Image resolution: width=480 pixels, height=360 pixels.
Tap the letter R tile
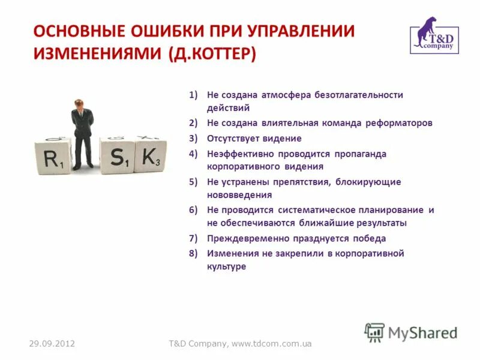coord(53,157)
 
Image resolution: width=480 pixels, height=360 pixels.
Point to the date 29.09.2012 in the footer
coord(52,344)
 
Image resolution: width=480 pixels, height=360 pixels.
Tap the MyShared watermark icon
coord(375,332)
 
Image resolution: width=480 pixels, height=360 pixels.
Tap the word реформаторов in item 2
coord(398,123)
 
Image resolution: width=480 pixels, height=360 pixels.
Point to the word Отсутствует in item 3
coord(234,139)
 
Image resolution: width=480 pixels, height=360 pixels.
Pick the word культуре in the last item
coord(227,267)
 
